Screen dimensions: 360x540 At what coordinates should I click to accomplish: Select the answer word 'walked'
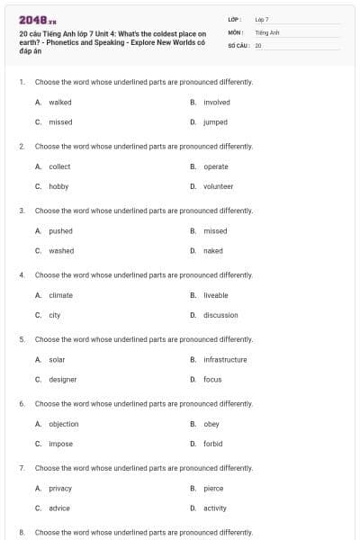pos(60,103)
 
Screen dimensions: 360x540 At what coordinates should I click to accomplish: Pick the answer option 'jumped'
pos(215,121)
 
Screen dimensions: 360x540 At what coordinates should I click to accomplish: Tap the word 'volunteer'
pos(218,186)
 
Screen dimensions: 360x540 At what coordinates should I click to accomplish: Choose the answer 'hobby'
pos(58,186)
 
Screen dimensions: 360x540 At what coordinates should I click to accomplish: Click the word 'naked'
pos(213,250)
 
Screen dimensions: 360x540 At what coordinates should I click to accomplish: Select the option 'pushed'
pos(61,231)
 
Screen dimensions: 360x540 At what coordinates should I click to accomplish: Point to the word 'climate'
pos(61,295)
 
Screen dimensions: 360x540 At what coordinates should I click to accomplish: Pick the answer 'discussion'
pos(220,315)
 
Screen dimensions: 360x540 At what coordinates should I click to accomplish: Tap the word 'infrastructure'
pos(225,360)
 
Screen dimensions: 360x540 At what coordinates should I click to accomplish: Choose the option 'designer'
pos(63,379)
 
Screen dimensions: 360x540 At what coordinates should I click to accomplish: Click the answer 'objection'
pos(64,424)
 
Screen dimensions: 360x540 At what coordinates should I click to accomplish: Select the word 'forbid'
pos(212,444)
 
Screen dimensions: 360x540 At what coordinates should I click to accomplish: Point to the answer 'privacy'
pos(60,489)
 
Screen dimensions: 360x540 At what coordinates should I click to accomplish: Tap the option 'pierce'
pos(213,489)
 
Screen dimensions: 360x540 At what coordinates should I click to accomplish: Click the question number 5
pos(22,339)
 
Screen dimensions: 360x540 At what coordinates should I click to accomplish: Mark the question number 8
pos(22,532)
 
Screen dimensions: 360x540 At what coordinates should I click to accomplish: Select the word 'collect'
pos(59,166)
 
